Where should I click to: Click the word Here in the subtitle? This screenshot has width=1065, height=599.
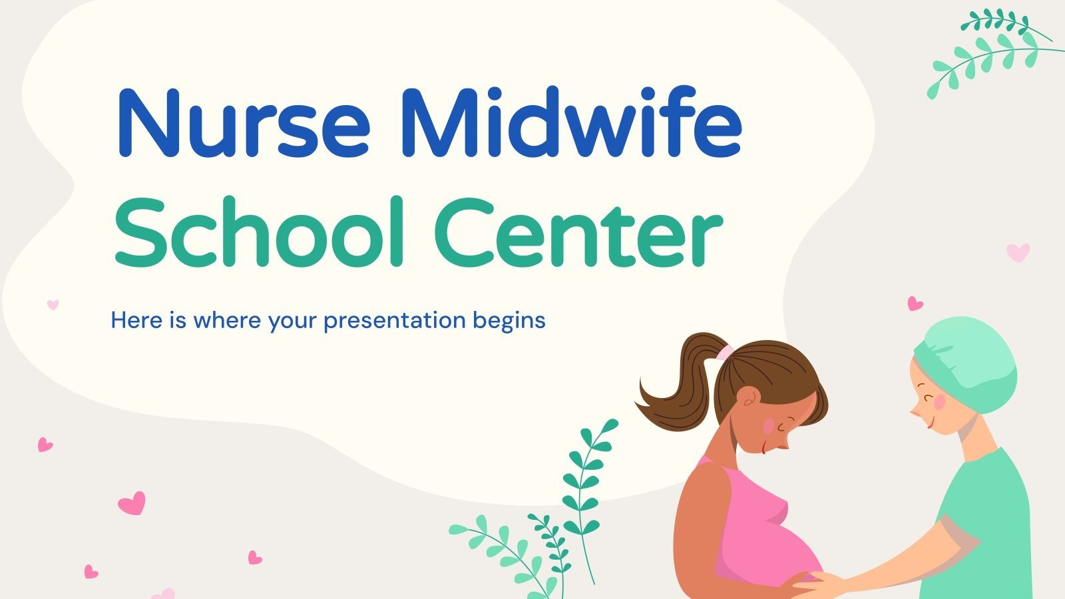136,320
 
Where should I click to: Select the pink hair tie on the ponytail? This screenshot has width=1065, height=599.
725,351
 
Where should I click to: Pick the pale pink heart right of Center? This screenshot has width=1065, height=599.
1018,252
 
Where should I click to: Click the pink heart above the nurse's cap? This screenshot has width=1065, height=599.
915,303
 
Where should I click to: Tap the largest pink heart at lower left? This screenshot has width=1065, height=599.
132,502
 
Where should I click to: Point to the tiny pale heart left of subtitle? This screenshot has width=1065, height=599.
53,304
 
